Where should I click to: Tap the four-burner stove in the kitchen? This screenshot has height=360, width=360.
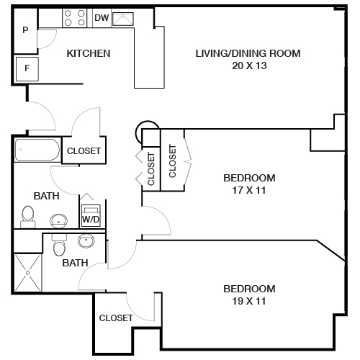[74, 17]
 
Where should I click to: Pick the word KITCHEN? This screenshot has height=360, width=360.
[88, 53]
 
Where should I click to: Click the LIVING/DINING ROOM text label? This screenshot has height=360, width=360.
[248, 53]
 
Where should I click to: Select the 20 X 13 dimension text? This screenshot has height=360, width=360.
[248, 66]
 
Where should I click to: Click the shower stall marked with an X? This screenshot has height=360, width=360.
[30, 274]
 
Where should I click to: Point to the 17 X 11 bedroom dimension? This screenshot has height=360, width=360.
[249, 190]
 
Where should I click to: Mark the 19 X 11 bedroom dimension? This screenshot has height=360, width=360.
[249, 301]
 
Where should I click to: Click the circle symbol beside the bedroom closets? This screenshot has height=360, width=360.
[145, 130]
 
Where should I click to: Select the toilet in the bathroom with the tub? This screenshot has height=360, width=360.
[28, 215]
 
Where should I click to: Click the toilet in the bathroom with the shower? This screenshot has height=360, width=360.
[60, 247]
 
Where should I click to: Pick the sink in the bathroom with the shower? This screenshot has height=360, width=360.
[88, 240]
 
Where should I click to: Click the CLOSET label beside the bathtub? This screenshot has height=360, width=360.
[84, 151]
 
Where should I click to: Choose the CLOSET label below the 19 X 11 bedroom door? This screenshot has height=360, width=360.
[116, 318]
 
